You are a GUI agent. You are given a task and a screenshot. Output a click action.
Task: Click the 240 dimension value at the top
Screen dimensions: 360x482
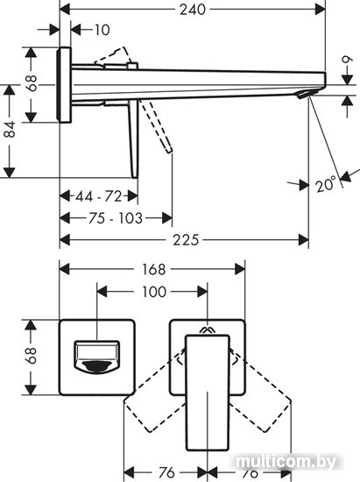193,10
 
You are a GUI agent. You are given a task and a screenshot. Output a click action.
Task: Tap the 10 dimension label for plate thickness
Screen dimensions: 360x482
102,30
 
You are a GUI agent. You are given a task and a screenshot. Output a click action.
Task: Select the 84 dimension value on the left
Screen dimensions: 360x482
10,129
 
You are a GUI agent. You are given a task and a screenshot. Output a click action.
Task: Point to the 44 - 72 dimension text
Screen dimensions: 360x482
99,196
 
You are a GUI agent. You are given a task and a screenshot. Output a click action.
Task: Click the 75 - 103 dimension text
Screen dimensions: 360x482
116,218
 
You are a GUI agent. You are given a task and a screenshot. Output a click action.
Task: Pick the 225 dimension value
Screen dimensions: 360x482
186,240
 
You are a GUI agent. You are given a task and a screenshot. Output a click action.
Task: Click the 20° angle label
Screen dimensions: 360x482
325,184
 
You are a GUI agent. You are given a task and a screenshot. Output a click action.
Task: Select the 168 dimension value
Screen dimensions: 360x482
153,269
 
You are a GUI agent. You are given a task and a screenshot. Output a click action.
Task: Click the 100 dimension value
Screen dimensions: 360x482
154,292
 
